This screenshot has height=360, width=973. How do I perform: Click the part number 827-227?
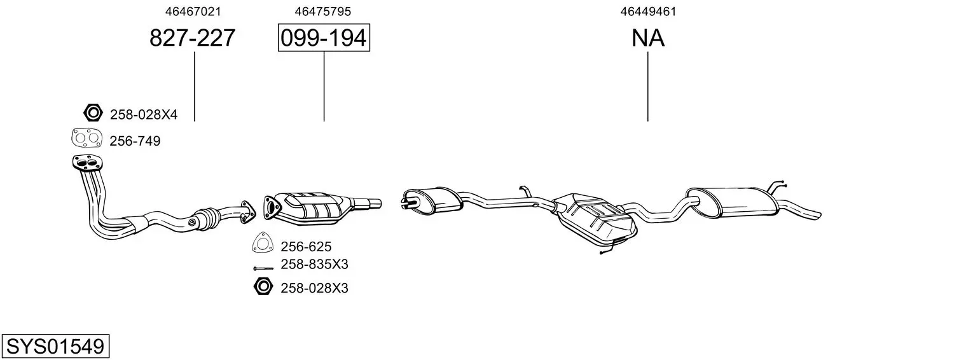193,38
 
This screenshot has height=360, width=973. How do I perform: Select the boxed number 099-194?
324,38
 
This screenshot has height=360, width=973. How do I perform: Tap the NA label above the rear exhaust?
647,38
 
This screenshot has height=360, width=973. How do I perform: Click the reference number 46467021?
193,11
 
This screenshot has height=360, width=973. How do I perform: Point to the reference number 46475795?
322,11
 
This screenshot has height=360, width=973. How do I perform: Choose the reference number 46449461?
648,11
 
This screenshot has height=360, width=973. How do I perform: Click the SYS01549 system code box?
55,346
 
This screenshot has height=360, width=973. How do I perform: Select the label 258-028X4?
144,114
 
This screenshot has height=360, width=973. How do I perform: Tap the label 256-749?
135,141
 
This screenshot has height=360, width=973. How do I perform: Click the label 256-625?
306,247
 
